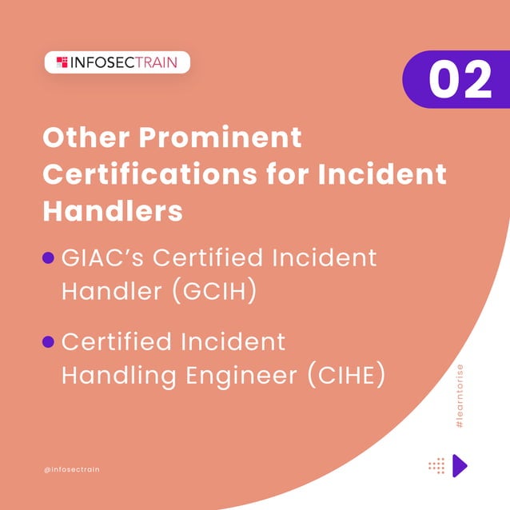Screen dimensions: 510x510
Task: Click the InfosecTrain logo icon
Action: coord(62,62)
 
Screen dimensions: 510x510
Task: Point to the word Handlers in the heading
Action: coord(112,211)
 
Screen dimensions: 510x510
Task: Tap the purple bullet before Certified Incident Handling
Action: coord(48,342)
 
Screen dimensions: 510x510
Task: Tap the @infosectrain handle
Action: coord(72,469)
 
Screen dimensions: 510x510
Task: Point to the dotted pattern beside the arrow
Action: coord(436,465)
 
